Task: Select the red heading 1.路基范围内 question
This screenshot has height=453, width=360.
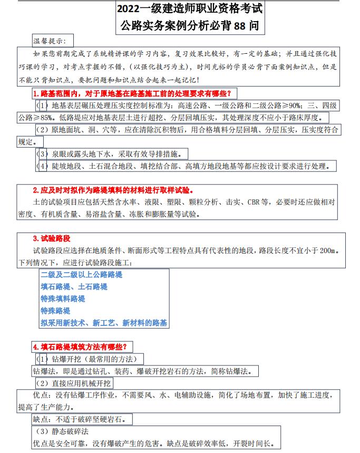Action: (x=132, y=93)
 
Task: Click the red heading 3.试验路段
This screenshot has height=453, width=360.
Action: (x=52, y=238)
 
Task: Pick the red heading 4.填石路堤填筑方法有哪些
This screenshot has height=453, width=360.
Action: (x=83, y=346)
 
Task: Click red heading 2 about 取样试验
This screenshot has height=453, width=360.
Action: (x=113, y=190)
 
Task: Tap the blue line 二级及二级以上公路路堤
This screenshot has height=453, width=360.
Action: (x=82, y=275)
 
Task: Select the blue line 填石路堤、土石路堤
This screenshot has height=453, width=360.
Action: (x=74, y=287)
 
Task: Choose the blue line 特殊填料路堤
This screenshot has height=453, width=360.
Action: (x=63, y=299)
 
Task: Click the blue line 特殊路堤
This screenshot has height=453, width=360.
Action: (x=55, y=311)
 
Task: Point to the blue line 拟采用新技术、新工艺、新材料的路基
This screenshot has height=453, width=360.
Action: (x=104, y=323)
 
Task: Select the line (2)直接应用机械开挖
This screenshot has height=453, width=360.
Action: (x=73, y=383)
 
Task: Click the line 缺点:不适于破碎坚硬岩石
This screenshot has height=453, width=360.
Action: (x=82, y=419)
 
